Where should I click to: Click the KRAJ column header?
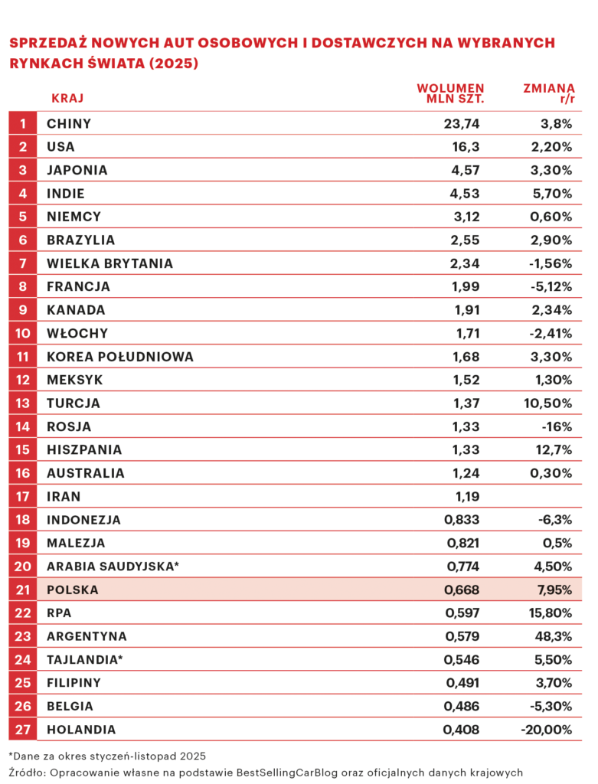click(x=67, y=98)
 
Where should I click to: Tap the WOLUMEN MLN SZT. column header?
click(x=450, y=93)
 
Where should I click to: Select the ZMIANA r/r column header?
click(x=548, y=93)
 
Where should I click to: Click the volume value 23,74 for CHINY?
click(x=461, y=123)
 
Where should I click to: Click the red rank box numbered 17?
click(x=23, y=496)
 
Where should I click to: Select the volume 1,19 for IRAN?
click(x=466, y=496)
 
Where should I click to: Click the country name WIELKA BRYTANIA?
click(x=109, y=263)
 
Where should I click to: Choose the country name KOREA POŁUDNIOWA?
click(x=120, y=357)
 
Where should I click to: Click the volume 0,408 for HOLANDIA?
click(x=462, y=730)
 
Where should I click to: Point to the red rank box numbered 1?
click(x=23, y=123)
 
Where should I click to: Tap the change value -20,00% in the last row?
click(x=546, y=730)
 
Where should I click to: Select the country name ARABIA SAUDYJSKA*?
click(x=113, y=567)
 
